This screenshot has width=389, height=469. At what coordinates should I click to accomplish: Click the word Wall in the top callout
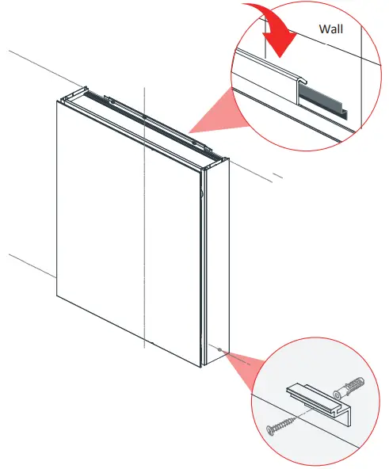point(332,29)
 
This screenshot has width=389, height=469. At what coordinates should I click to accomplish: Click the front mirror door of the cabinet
point(127,230)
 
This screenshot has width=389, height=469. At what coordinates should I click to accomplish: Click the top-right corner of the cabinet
point(228,161)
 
